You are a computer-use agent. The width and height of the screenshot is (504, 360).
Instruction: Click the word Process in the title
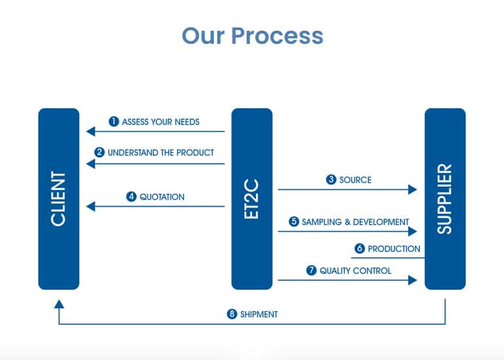tap(277, 36)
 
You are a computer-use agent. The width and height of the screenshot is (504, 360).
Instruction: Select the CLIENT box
tap(59, 199)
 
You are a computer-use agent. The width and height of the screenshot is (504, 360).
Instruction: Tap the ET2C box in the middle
tap(252, 199)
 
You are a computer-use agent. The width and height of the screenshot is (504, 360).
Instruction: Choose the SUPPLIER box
tap(445, 199)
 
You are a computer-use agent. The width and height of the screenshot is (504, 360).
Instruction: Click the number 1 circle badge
tap(114, 122)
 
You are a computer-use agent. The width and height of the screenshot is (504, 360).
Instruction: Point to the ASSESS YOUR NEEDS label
tap(161, 122)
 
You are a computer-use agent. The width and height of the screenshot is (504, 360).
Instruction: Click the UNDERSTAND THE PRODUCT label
tap(161, 153)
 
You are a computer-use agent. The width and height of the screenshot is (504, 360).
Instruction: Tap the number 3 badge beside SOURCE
tap(331, 179)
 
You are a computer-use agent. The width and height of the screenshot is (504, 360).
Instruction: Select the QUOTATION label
tap(162, 197)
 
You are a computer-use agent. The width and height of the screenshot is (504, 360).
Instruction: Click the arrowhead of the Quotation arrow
tap(90, 206)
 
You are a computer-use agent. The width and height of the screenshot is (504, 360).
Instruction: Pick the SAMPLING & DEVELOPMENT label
tap(355, 222)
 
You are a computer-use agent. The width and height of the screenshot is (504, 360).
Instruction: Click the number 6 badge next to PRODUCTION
tap(360, 248)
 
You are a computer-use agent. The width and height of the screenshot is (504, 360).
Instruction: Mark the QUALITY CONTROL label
tap(355, 270)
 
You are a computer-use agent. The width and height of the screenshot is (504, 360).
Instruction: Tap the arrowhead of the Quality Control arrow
tap(413, 280)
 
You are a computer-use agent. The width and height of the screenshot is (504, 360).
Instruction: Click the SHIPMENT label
tap(259, 314)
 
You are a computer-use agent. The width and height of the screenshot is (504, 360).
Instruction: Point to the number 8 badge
tap(232, 314)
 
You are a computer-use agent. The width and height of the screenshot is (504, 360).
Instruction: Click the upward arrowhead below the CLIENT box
tap(59, 304)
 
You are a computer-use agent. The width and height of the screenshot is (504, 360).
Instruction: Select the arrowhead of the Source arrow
tap(413, 189)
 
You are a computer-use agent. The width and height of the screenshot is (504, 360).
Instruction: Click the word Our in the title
tap(203, 36)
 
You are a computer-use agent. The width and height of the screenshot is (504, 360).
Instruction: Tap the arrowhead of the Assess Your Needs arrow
tap(90, 131)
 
